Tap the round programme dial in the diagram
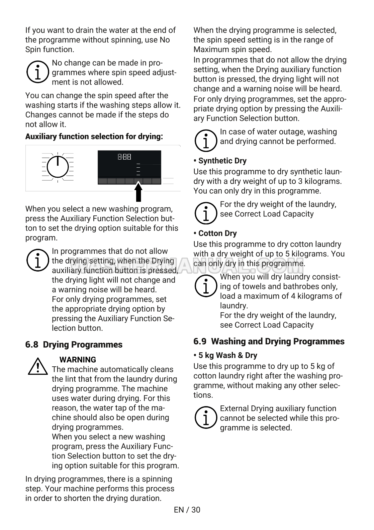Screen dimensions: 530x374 pyautogui.click(x=58, y=167)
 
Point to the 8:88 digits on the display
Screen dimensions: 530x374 pyautogui.click(x=124, y=157)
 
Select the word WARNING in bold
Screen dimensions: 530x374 pyautogui.click(x=78, y=360)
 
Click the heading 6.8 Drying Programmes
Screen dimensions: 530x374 pyautogui.click(x=74, y=344)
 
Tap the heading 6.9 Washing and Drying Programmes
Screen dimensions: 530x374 pyautogui.click(x=269, y=341)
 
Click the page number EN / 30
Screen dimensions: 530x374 pyautogui.click(x=187, y=510)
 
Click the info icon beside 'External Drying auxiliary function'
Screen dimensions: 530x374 pyautogui.click(x=205, y=417)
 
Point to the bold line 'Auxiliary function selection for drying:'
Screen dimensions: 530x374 pyautogui.click(x=94, y=137)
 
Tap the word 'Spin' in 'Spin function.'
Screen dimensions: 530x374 pyautogui.click(x=33, y=49)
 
